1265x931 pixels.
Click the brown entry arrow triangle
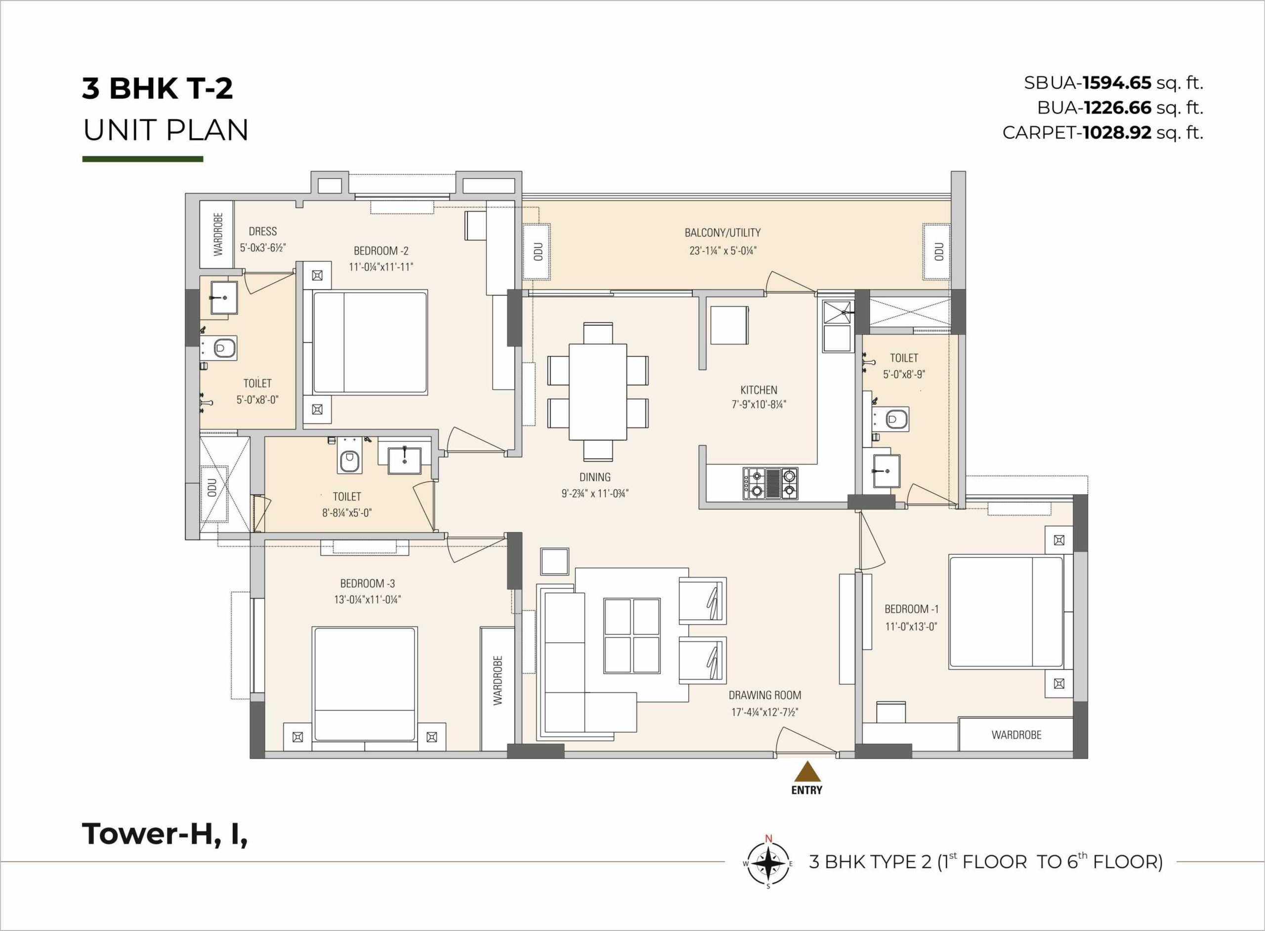807,771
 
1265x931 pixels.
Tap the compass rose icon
767,863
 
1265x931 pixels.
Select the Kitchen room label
759,389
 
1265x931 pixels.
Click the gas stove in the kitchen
771,484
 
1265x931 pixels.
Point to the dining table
598,391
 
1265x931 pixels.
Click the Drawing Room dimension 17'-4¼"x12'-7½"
765,712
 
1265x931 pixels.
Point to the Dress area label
263,231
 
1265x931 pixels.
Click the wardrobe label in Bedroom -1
1016,735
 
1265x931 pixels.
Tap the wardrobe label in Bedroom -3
498,680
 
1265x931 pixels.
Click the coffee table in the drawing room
632,636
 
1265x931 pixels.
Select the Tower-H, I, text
165,835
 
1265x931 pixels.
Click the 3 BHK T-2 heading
157,88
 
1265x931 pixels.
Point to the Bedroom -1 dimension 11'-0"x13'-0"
911,626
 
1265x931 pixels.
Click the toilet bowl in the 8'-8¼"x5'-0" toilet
349,461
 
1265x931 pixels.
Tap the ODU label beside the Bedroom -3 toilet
212,488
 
